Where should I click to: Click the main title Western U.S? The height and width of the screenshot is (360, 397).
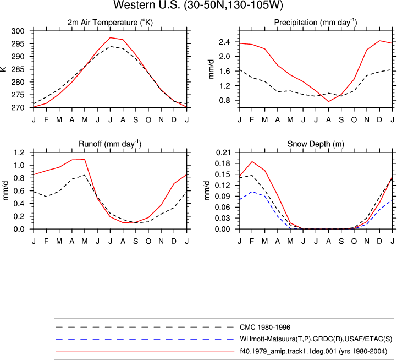[198, 5]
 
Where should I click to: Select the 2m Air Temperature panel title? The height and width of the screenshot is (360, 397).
[110, 23]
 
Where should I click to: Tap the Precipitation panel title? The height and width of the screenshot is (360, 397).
[316, 23]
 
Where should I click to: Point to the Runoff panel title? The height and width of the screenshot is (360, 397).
[110, 144]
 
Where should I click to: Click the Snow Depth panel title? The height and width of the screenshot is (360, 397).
[316, 144]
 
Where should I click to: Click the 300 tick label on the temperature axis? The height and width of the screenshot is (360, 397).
[18, 31]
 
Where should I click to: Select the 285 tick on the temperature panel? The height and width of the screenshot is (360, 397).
[18, 69]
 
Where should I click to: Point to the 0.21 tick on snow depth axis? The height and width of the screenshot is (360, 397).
[223, 152]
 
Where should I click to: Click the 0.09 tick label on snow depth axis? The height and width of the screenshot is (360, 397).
[223, 196]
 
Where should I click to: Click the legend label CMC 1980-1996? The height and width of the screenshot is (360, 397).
[265, 328]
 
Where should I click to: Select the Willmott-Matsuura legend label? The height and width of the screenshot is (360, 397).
[316, 339]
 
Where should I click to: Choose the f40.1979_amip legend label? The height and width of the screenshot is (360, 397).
[313, 351]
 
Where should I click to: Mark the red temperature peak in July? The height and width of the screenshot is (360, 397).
[110, 38]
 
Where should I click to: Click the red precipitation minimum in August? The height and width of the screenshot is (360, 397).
[328, 101]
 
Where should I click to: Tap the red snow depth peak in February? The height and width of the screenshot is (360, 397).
[252, 161]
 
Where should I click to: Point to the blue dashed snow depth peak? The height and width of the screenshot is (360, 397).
[252, 192]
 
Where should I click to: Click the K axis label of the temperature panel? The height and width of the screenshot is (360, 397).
[3, 69]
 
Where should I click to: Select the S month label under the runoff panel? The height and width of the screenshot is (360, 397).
[135, 241]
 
